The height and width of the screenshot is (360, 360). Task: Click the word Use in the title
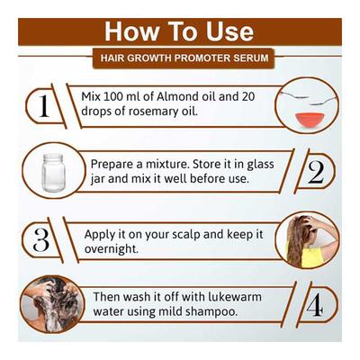point(230,31)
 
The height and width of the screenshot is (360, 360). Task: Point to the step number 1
point(44,106)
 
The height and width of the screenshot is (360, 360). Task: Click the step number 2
point(316,173)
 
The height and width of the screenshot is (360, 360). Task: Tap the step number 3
point(41,240)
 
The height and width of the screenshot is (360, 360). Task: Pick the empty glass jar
point(53,173)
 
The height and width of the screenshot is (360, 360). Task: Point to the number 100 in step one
point(112,96)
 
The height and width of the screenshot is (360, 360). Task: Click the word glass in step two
point(260,165)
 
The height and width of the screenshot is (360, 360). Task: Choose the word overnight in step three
point(112,249)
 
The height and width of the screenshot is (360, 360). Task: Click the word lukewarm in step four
point(235,297)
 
